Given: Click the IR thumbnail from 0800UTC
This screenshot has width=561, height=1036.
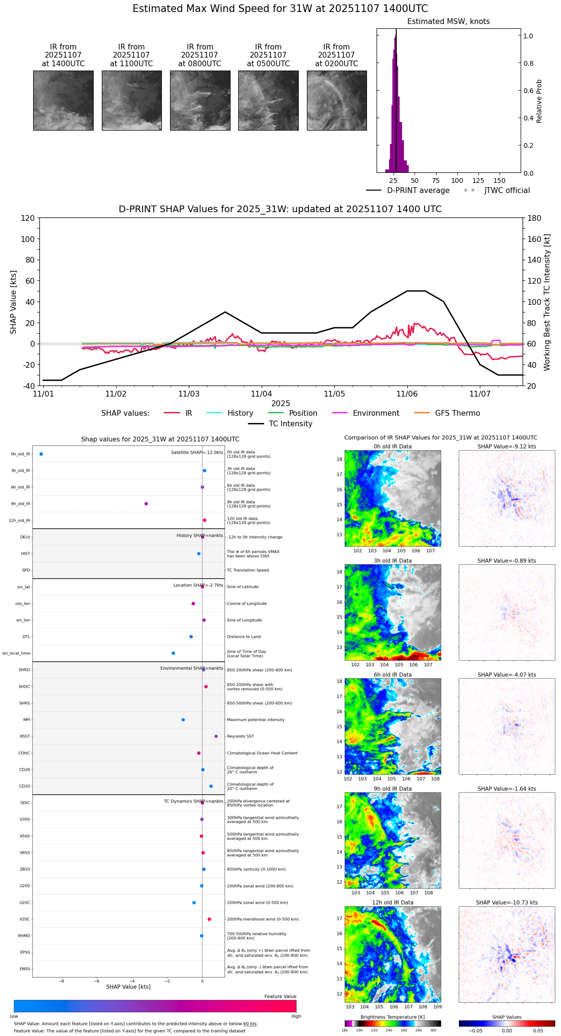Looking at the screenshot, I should click(200, 100).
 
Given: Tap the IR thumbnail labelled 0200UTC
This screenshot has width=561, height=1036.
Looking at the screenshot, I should click(337, 100).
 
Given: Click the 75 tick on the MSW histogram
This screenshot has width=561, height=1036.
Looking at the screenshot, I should click(436, 181).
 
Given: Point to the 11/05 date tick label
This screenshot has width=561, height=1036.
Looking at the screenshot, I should click(334, 394).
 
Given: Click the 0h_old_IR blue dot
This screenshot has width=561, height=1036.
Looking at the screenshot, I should click(41, 454).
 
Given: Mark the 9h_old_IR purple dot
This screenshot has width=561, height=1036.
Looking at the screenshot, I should click(146, 504).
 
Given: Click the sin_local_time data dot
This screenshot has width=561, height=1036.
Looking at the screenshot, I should click(173, 653).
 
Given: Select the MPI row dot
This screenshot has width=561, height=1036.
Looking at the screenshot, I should click(183, 720).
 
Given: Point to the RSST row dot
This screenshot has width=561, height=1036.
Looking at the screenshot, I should click(216, 736).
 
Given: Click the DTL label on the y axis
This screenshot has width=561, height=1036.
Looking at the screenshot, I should click(26, 637).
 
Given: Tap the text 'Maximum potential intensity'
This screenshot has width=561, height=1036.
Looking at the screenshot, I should click(256, 720).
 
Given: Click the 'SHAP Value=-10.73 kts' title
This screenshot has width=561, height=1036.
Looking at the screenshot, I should click(507, 903).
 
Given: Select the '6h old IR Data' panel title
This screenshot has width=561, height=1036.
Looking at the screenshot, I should click(392, 675).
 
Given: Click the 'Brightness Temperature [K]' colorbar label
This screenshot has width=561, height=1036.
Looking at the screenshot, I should click(392, 1017).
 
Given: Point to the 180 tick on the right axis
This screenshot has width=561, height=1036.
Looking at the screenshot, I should click(535, 218).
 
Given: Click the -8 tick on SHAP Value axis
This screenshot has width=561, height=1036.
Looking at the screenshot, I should click(61, 981).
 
